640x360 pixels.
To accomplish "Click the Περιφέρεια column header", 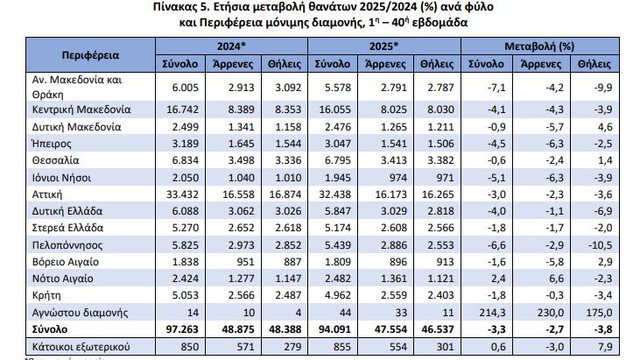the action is (x=90, y=55).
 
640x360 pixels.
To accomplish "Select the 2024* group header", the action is (x=231, y=46).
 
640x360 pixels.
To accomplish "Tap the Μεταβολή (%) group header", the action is (x=539, y=46).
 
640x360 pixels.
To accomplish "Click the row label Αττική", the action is (x=47, y=194).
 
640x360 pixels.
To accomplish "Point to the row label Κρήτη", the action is (x=46, y=295).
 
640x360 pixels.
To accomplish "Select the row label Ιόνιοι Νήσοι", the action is (x=61, y=178).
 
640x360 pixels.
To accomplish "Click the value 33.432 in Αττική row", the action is (x=182, y=194).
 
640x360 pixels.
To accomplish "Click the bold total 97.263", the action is (x=182, y=329).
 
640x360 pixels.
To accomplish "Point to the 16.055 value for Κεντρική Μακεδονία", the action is (x=334, y=109).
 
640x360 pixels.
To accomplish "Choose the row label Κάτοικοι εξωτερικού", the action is (x=81, y=347).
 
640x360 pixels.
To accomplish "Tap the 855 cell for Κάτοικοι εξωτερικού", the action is (x=342, y=347).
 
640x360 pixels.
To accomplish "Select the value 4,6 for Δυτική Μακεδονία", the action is (x=605, y=127).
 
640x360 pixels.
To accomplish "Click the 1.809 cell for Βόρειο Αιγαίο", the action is (x=338, y=262).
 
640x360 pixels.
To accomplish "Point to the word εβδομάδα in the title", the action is (x=440, y=23).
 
